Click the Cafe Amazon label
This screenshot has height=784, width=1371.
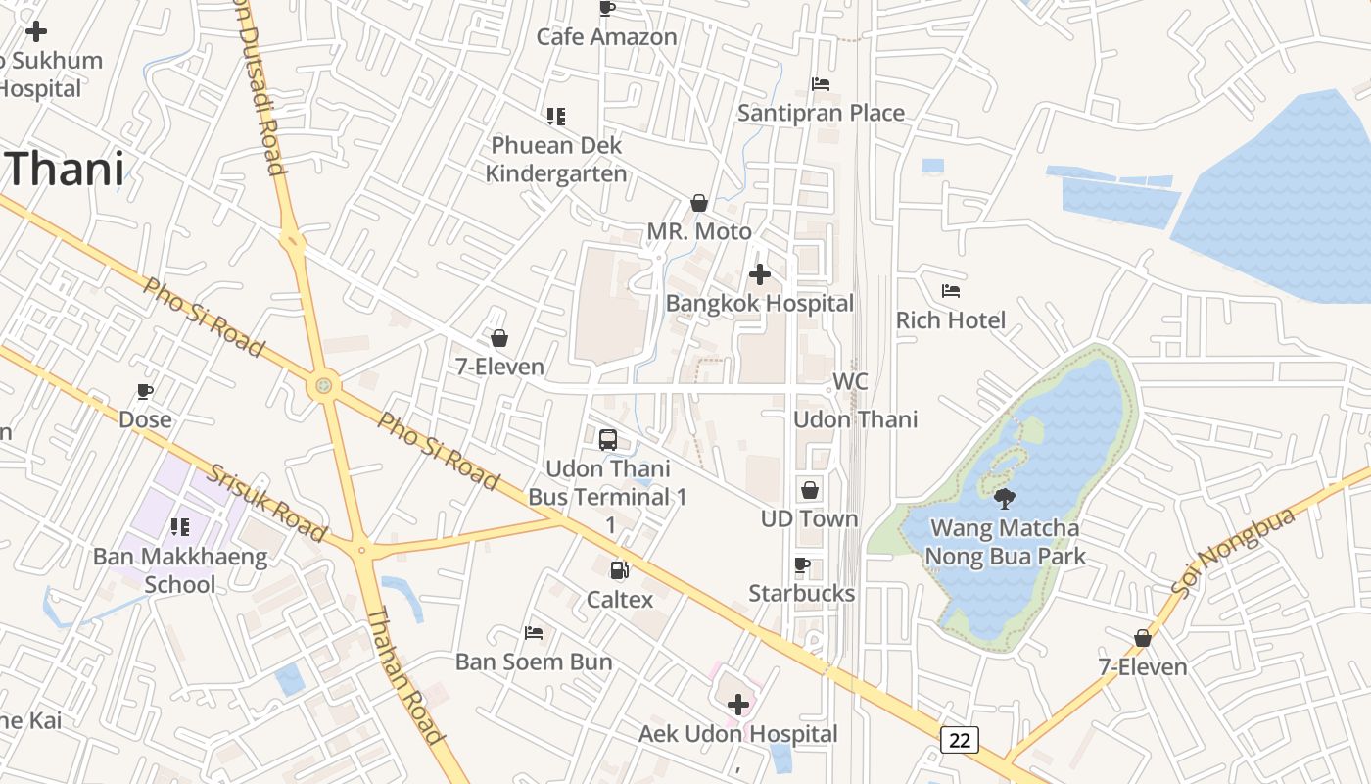pyautogui.click(x=606, y=37)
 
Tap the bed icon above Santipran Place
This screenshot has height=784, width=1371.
pyautogui.click(x=821, y=84)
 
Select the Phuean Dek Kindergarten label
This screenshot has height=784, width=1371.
pyautogui.click(x=556, y=160)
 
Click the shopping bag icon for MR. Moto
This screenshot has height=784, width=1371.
pyautogui.click(x=699, y=203)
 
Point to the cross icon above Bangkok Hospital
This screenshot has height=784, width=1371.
pyautogui.click(x=759, y=275)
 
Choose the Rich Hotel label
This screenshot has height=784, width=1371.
pyautogui.click(x=950, y=320)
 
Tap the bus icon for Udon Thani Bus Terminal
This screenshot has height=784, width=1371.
pyautogui.click(x=608, y=439)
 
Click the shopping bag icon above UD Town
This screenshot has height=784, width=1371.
pyautogui.click(x=810, y=490)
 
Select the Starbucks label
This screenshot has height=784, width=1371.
pyautogui.click(x=801, y=593)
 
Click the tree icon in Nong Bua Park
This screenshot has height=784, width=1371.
pyautogui.click(x=1004, y=499)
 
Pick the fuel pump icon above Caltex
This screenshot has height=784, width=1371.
pyautogui.click(x=619, y=569)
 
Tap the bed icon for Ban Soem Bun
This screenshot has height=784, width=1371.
pyautogui.click(x=534, y=633)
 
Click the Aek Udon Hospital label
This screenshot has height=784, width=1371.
pyautogui.click(x=738, y=734)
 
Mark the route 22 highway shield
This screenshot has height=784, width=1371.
pyautogui.click(x=959, y=740)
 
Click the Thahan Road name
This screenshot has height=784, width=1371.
pyautogui.click(x=403, y=674)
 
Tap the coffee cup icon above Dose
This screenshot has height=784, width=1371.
pyautogui.click(x=145, y=392)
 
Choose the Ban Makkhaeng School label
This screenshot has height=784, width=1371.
pyautogui.click(x=180, y=570)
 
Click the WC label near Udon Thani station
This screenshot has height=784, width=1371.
pyautogui.click(x=849, y=381)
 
